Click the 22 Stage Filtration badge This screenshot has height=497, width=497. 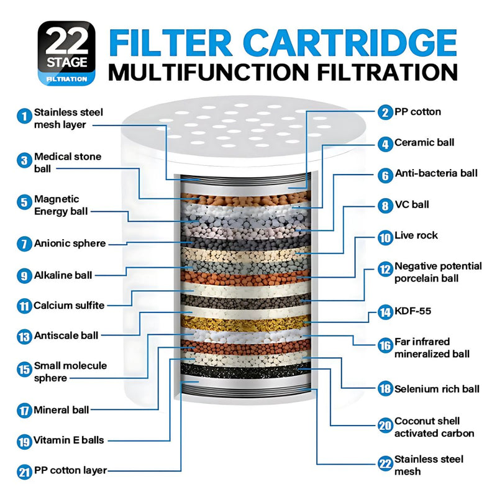point(66,53)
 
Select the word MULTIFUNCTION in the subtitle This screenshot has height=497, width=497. point(209,72)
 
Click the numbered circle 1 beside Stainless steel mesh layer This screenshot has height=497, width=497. point(24,116)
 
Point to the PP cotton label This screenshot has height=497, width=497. point(417,112)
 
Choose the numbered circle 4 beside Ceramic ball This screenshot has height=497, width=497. point(385,144)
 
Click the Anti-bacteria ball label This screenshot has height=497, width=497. point(436,173)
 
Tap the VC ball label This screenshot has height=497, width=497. point(412,205)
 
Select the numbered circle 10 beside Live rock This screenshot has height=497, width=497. point(385,237)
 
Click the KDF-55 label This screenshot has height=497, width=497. point(413,311)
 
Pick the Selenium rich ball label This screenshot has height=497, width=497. point(437,389)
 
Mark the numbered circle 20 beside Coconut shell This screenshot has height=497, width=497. point(385,426)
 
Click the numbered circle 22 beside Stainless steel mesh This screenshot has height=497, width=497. point(385,463)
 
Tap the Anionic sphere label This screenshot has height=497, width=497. point(70,244)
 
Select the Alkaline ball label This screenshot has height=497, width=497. point(63,275)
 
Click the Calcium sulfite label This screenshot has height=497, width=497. point(69,306)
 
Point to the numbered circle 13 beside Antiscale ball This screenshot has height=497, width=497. point(24,336)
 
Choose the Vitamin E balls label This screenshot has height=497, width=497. point(68,440)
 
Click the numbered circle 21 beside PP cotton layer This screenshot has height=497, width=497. point(24,472)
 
